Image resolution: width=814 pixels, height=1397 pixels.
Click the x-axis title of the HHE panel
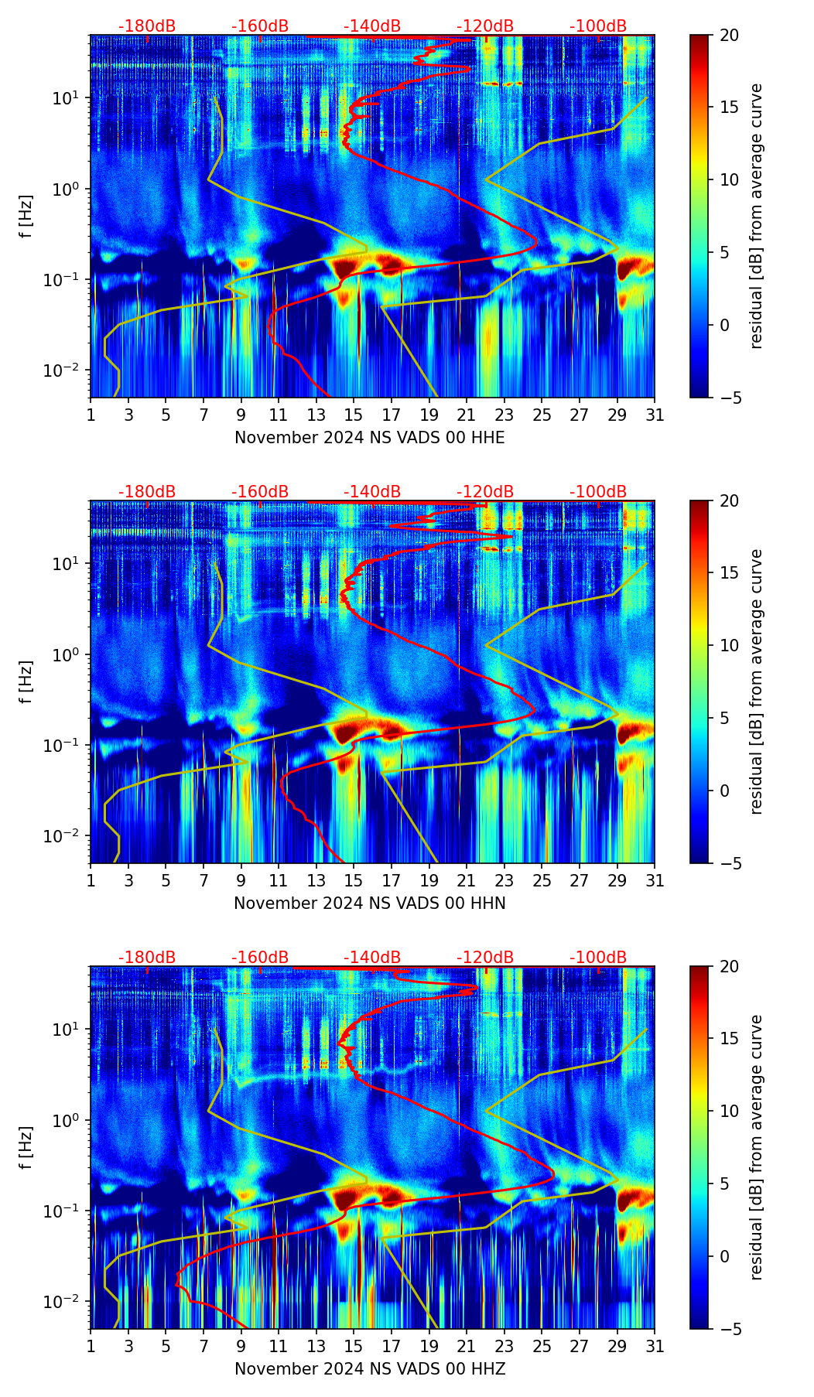tap(369, 438)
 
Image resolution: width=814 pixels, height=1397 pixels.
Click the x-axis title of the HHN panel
tap(369, 903)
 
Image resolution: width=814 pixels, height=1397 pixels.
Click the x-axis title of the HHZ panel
tap(369, 1369)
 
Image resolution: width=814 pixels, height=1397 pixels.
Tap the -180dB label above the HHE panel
tap(147, 26)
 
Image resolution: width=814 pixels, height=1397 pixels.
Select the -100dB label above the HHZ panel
tap(598, 958)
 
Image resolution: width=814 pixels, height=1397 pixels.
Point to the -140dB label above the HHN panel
tap(372, 492)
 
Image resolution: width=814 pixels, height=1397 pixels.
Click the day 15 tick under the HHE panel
tap(354, 415)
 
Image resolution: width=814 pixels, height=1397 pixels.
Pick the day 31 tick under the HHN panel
tap(654, 881)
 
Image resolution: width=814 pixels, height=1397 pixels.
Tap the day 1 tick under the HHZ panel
tap(91, 1347)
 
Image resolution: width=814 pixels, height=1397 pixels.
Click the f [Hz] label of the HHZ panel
tap(26, 1147)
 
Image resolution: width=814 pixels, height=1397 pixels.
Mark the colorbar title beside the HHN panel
tap(757, 681)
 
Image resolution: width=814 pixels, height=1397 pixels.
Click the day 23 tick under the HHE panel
tap(504, 415)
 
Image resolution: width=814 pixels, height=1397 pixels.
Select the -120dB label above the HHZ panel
tap(485, 958)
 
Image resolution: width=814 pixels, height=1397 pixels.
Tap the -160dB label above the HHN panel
tap(260, 492)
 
